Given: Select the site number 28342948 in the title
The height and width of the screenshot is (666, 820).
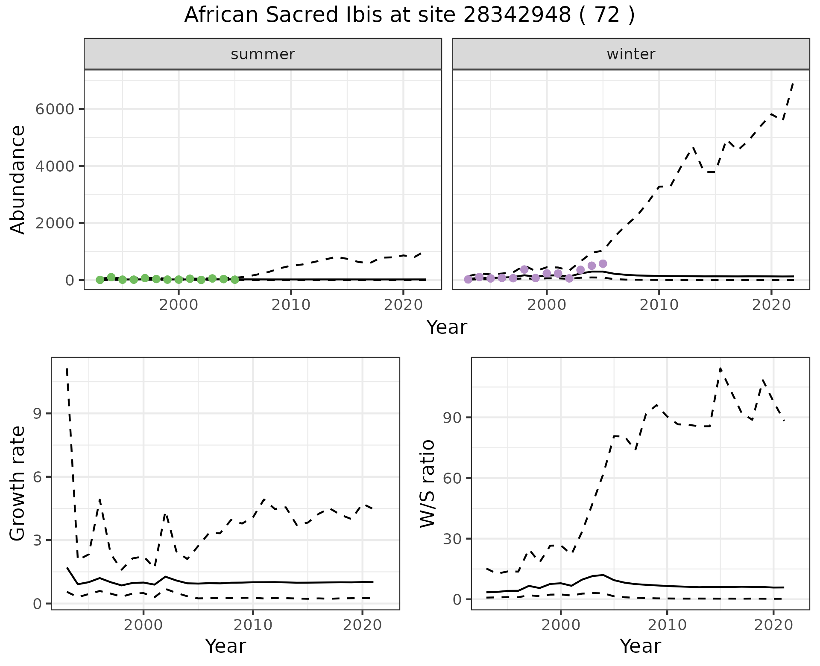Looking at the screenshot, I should (517, 15).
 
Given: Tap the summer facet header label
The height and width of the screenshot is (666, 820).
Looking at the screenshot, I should (263, 54).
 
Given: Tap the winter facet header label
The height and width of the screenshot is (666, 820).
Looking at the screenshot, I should (631, 54).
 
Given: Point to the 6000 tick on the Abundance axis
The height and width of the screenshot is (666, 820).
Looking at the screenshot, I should (55, 109).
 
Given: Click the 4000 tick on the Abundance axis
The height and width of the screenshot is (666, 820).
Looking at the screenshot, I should (55, 166).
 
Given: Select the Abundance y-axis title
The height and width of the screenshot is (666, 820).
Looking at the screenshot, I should (18, 179).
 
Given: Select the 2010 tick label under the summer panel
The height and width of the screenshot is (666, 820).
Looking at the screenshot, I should (291, 305).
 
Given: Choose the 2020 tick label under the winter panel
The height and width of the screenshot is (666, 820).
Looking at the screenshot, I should (771, 305).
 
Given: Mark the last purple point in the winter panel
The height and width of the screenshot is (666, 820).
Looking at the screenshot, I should (603, 264).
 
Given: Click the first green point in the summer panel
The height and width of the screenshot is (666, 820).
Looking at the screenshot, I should (100, 280).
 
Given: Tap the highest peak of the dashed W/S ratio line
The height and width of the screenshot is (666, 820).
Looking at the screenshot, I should (720, 368).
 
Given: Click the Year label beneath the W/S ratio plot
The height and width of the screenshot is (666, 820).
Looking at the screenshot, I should (640, 646).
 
